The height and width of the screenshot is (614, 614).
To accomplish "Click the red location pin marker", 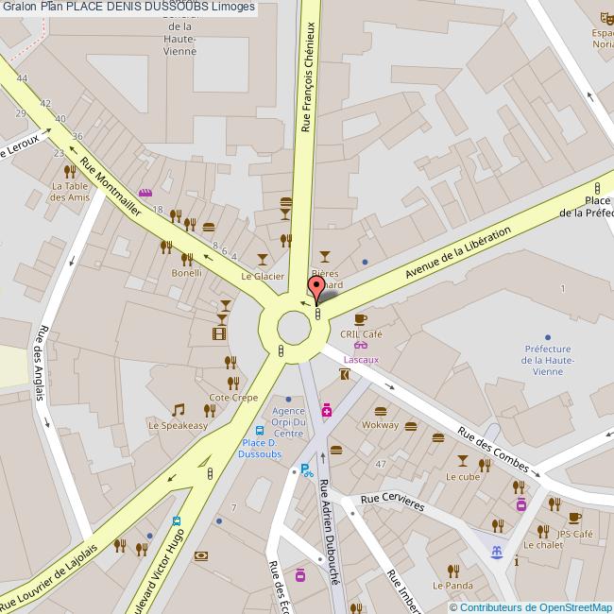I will (316, 287).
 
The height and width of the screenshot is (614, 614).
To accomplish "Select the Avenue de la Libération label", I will (457, 253).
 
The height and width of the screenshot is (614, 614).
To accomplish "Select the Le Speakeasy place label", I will (178, 426).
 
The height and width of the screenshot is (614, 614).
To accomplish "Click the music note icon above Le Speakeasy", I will (178, 410).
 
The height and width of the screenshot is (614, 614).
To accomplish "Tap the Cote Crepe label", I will (233, 398).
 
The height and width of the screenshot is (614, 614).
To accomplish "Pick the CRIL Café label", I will (362, 334).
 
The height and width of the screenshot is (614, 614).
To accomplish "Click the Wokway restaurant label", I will (381, 426).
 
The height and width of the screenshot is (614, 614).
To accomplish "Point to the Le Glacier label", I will (263, 276).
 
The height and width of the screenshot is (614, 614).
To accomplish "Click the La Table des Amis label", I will (70, 192).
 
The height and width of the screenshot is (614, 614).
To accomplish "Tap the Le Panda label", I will (452, 586).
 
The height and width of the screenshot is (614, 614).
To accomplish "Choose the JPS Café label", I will (574, 534).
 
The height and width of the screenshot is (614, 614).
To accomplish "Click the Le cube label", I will (463, 477).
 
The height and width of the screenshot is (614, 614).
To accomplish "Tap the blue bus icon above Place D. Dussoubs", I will (259, 430).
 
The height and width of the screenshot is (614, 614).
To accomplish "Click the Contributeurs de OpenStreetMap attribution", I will (536, 606).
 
